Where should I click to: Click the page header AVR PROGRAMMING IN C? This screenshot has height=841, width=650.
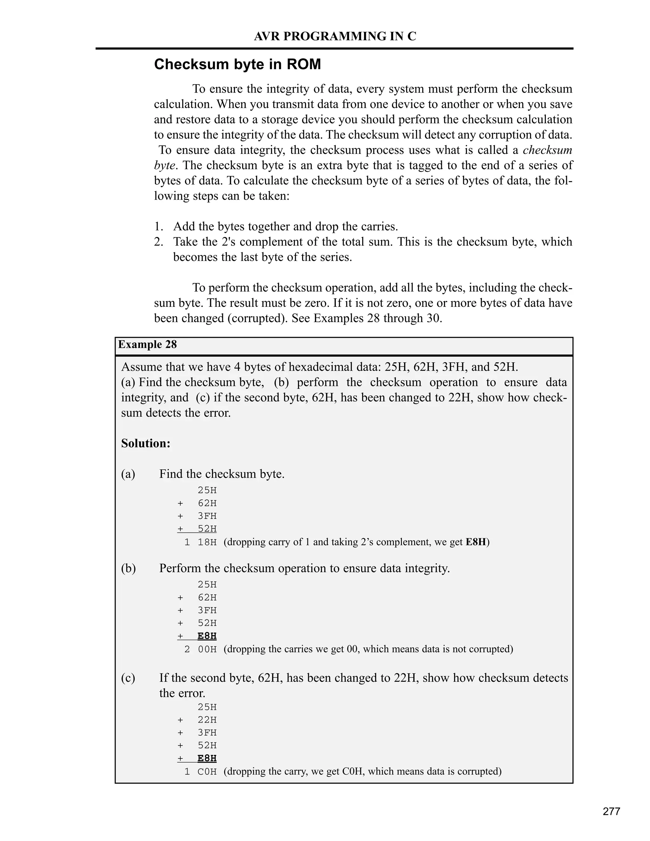[x=335, y=36]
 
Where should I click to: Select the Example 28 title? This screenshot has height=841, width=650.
[x=148, y=344]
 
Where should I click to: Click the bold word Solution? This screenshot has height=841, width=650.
[x=146, y=443]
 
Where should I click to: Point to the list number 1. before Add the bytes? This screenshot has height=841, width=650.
[x=159, y=226]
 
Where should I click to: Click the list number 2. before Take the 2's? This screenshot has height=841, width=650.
[x=159, y=242]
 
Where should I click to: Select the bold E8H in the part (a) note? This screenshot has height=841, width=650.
[x=475, y=542]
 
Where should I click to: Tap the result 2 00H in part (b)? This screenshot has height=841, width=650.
[x=201, y=650]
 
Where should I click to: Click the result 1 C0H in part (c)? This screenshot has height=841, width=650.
[x=201, y=772]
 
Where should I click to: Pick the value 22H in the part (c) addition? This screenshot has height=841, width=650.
[x=207, y=720]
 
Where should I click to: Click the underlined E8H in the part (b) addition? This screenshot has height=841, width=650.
[x=207, y=636]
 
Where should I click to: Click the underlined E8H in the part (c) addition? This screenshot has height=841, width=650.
[x=207, y=758]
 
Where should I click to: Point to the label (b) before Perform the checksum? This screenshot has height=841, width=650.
[x=128, y=568]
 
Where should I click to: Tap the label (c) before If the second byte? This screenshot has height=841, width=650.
[x=128, y=678]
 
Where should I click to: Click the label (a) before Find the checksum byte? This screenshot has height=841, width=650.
[x=128, y=474]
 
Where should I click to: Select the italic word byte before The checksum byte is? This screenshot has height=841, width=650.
[x=164, y=166]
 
